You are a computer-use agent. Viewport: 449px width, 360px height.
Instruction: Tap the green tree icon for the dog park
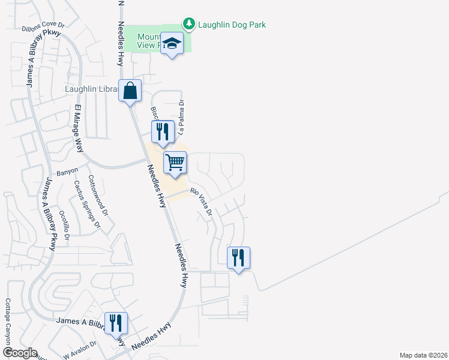tap(190, 24)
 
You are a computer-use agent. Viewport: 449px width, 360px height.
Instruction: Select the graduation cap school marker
tap(172, 43)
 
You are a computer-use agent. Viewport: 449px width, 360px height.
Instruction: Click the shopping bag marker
tap(130, 92)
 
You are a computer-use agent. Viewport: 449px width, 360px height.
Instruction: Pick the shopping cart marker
tap(175, 162)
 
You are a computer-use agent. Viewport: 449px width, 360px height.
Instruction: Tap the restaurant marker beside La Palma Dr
tap(162, 132)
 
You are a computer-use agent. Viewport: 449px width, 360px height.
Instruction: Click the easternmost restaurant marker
tap(238, 259)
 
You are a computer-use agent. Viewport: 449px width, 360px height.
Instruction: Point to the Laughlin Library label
tap(90, 89)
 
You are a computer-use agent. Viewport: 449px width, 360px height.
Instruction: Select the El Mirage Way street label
tap(78, 128)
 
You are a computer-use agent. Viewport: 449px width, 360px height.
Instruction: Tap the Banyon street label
tap(67, 173)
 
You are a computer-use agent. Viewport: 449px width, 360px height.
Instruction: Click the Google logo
tap(20, 353)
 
